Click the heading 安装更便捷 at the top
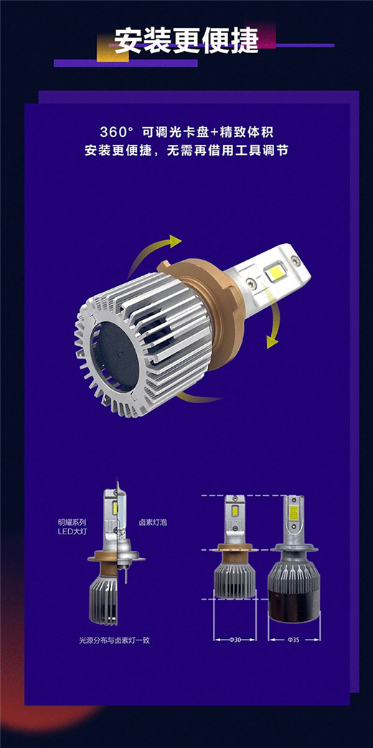click(186, 41)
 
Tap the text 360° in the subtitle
click(115, 132)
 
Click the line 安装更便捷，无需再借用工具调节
click(186, 151)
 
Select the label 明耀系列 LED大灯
click(72, 526)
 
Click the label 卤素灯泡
click(153, 522)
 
